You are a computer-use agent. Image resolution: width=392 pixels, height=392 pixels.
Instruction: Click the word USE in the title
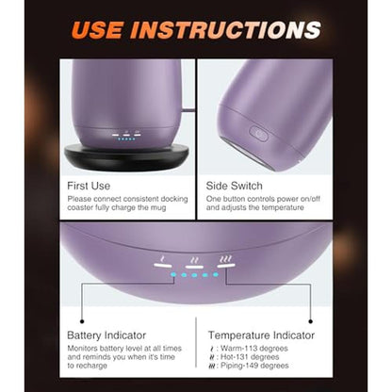(96, 30)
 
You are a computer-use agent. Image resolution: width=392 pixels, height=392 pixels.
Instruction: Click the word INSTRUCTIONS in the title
(225, 30)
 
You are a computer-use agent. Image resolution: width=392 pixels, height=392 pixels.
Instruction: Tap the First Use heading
(89, 186)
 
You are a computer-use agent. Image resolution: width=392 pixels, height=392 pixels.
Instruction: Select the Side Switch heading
(234, 186)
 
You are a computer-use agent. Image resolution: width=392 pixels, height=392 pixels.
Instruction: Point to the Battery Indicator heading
(106, 335)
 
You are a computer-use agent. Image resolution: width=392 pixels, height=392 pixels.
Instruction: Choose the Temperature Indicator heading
(261, 335)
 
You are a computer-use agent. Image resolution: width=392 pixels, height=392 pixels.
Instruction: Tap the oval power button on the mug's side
(258, 134)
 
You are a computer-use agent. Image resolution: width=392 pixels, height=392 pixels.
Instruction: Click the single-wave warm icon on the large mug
(162, 259)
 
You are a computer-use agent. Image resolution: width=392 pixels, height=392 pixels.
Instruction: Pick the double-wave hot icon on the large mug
(195, 260)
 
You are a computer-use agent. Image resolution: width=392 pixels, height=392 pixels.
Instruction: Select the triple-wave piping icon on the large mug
(226, 259)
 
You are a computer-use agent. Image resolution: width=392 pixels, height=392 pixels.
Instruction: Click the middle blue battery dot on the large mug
(194, 275)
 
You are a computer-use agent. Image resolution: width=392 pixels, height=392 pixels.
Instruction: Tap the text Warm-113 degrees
(254, 349)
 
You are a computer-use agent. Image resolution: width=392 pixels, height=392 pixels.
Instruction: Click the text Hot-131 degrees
(250, 357)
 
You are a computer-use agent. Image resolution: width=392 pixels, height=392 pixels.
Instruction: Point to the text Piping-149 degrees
(254, 366)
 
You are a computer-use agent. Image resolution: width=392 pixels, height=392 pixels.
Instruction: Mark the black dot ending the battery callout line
(82, 321)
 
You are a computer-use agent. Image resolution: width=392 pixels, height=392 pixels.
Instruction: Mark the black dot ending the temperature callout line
(311, 321)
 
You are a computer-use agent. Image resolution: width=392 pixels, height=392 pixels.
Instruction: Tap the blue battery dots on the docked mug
(126, 139)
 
